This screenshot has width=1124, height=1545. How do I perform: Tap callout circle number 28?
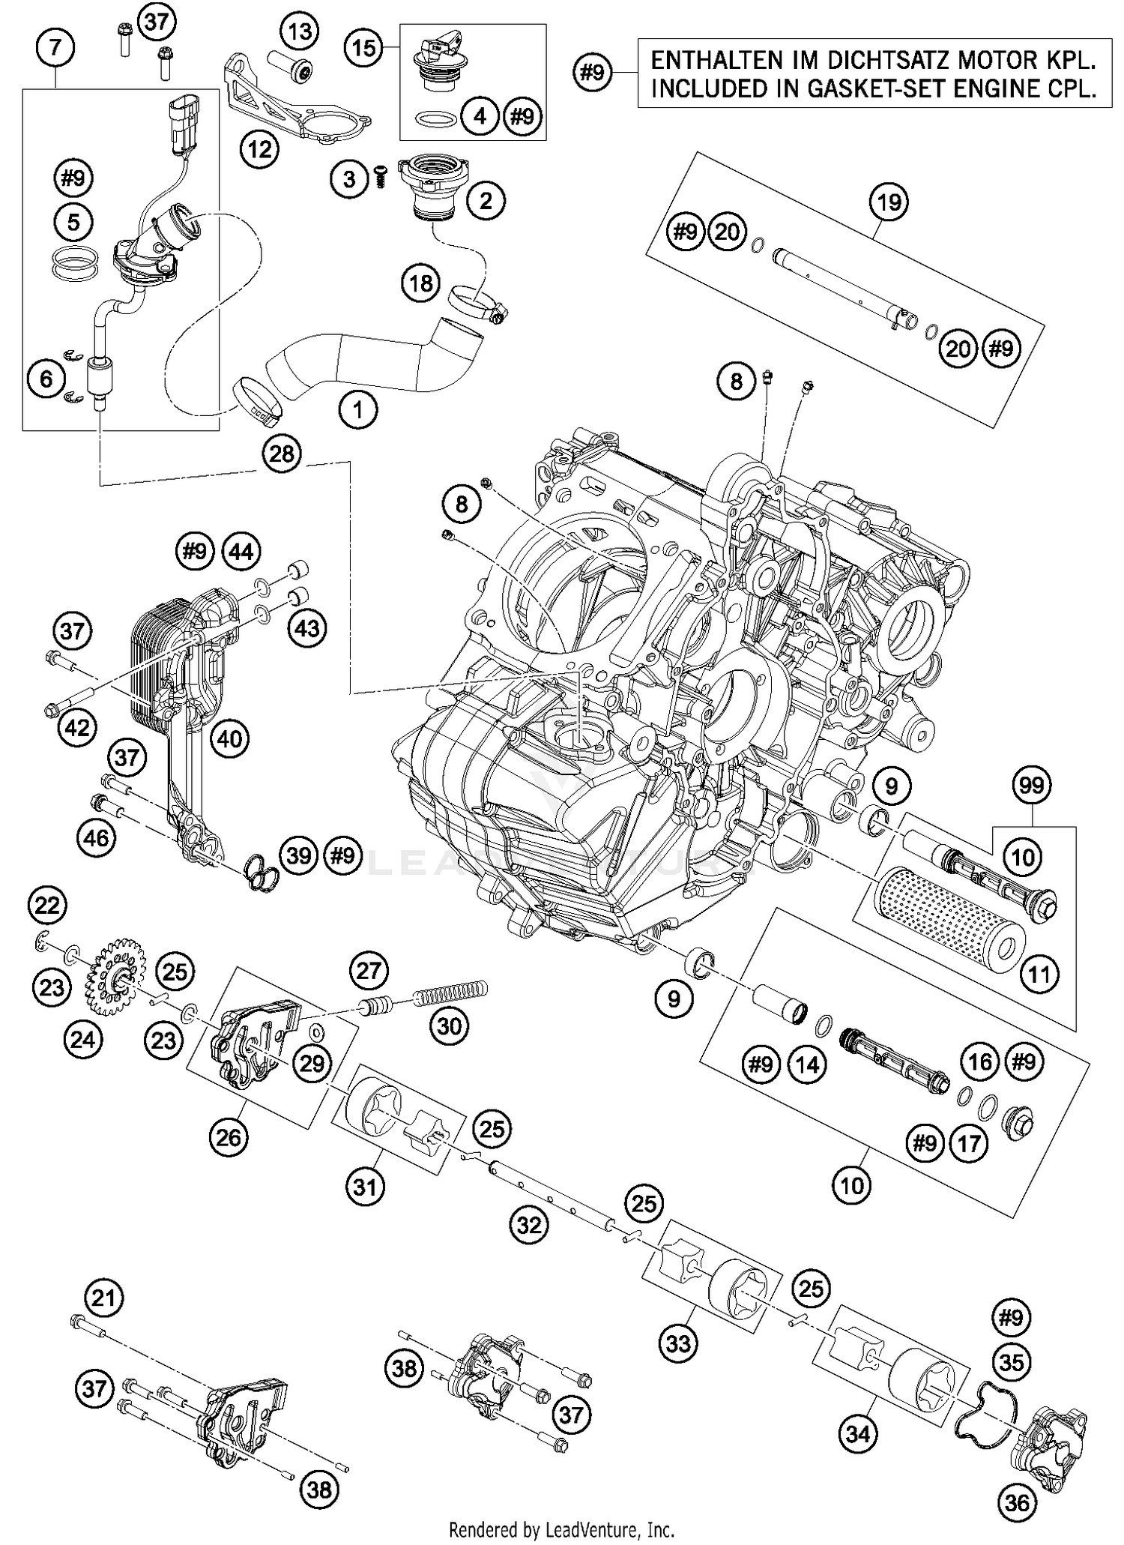282,454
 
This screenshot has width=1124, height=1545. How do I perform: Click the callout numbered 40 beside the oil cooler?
229,738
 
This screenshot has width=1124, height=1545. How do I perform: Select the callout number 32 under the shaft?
529,1225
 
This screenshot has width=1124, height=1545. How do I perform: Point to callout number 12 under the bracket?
259,150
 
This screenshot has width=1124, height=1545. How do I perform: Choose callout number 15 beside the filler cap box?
364,49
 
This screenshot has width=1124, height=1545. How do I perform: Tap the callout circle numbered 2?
486,200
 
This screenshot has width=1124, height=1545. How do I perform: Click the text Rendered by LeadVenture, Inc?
561,1528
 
